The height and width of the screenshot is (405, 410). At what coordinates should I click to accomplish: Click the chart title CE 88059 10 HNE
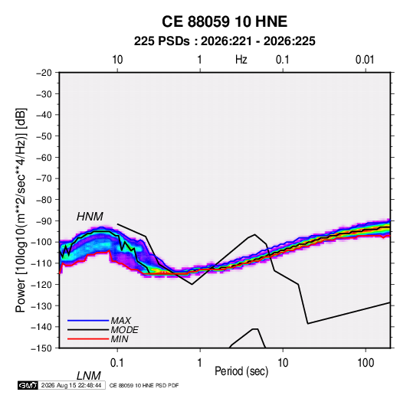click(225, 21)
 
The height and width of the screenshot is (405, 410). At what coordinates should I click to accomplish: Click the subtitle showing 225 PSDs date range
click(225, 41)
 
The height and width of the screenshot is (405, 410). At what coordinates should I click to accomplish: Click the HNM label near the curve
click(90, 217)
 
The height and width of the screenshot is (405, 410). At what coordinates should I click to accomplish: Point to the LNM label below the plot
click(88, 376)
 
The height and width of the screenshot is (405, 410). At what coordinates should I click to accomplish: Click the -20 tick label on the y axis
click(44, 73)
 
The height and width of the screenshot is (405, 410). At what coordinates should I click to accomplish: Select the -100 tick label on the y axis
click(41, 242)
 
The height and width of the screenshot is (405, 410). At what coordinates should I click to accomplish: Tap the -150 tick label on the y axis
click(41, 348)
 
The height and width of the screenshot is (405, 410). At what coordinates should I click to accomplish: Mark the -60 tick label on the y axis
click(44, 157)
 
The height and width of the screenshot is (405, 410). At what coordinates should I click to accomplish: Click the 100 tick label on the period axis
click(366, 363)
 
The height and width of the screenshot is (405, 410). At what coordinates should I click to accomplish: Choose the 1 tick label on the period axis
click(199, 363)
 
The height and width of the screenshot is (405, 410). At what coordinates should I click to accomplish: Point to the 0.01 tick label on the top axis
click(365, 60)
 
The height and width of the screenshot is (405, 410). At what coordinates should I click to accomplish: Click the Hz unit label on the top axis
click(241, 60)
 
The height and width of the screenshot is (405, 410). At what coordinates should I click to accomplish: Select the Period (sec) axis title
click(241, 371)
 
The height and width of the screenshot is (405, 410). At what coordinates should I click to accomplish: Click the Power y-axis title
click(21, 211)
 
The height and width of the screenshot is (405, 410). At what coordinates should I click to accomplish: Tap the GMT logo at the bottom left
click(28, 385)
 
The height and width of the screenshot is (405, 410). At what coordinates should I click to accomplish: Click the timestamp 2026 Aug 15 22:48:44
click(71, 385)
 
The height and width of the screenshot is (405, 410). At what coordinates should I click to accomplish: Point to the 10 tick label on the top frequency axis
click(117, 60)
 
